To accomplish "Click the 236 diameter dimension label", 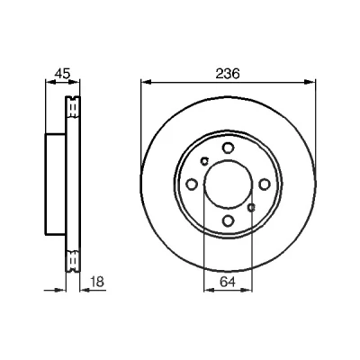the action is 228,74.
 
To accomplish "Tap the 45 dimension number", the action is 63,74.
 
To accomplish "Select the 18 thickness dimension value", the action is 96,282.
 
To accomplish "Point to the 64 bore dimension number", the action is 228,282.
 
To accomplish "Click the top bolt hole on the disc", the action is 228,148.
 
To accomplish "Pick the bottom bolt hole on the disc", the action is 228,220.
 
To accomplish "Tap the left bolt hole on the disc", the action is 192,184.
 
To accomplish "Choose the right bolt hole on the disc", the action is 265,184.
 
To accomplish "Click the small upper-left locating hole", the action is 205,161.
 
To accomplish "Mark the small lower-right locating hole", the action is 251,207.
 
